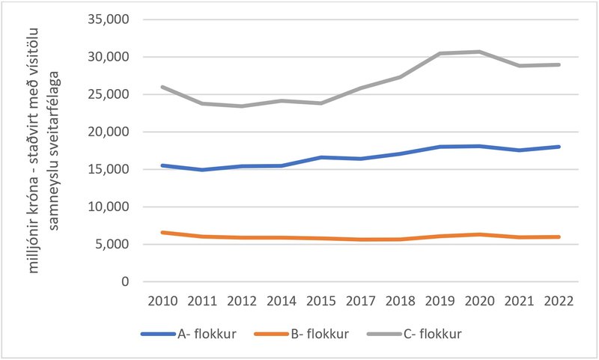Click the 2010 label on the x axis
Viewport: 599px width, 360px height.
(x=162, y=301)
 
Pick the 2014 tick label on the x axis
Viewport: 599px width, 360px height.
(x=280, y=301)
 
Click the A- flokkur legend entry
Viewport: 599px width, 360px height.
(x=206, y=334)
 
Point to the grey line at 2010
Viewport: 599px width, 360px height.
(x=162, y=87)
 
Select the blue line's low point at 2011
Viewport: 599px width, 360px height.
(x=201, y=170)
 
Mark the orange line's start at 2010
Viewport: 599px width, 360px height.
(x=162, y=232)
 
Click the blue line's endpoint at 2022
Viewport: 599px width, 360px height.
(x=559, y=147)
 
